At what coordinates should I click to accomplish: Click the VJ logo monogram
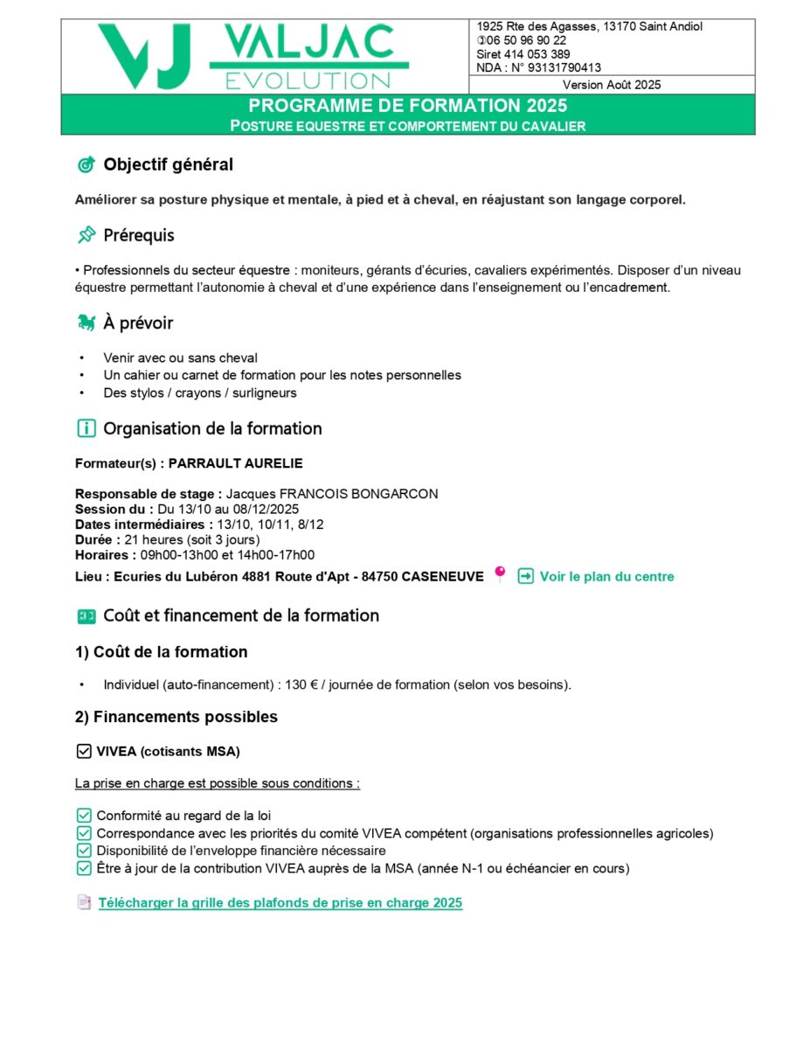tap(144, 56)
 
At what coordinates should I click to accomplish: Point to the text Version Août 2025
tap(612, 85)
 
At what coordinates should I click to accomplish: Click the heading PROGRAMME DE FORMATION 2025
tap(407, 106)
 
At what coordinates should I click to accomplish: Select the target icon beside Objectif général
tap(86, 164)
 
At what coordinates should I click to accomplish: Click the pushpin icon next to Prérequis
tap(86, 235)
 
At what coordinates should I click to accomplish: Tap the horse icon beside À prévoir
tap(86, 323)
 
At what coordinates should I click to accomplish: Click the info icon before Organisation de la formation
tap(86, 428)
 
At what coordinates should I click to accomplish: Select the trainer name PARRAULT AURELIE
tap(235, 463)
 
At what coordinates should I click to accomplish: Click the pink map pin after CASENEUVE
tap(500, 573)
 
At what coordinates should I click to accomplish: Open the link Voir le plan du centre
tap(606, 577)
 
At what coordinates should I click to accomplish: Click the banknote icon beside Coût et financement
tap(86, 616)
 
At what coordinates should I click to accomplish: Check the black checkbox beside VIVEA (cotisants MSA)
tap(84, 751)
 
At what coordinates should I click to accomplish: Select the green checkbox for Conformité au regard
tap(84, 816)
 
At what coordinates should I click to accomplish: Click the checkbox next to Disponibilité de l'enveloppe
tap(84, 851)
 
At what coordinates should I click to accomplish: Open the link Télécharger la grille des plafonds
tap(280, 903)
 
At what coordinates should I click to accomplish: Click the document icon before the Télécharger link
tap(84, 902)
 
